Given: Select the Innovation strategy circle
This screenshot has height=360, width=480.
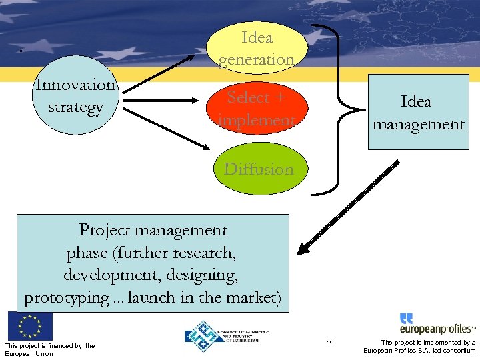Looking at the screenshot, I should click(75, 96).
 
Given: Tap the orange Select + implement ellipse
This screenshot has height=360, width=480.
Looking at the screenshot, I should click(257, 109).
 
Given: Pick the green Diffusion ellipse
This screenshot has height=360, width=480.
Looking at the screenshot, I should click(259, 169).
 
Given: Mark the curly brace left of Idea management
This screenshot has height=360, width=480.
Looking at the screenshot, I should click(339, 111).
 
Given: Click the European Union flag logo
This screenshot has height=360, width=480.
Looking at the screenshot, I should click(29, 326).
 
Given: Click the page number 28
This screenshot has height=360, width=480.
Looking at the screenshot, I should click(329, 341).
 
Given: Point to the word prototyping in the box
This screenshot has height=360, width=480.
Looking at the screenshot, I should click(65, 297).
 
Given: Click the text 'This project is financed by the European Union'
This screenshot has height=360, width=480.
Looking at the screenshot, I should click(49, 349).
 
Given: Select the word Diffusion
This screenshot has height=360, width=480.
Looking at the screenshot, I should click(259, 169).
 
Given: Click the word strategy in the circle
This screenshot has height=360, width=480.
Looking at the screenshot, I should click(75, 107).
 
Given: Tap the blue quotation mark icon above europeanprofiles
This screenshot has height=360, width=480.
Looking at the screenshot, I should click(407, 318).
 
